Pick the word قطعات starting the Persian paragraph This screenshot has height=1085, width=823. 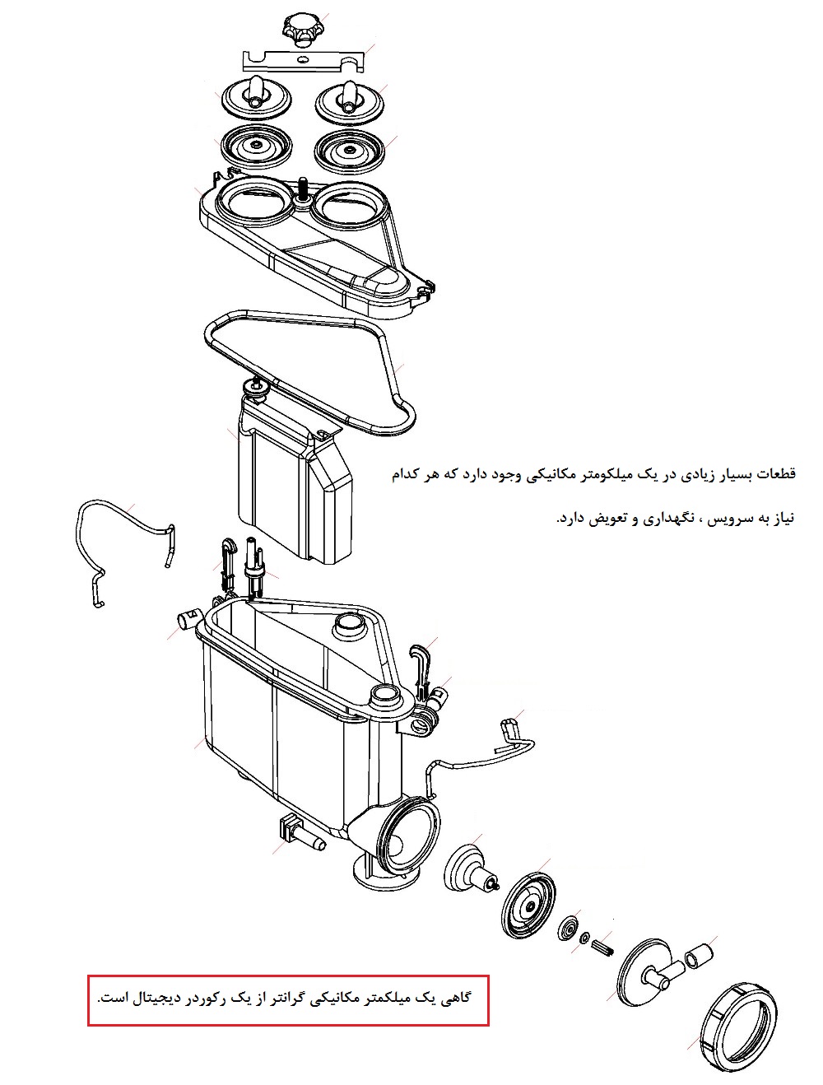(775, 473)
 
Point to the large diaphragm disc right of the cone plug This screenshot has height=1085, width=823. (528, 904)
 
